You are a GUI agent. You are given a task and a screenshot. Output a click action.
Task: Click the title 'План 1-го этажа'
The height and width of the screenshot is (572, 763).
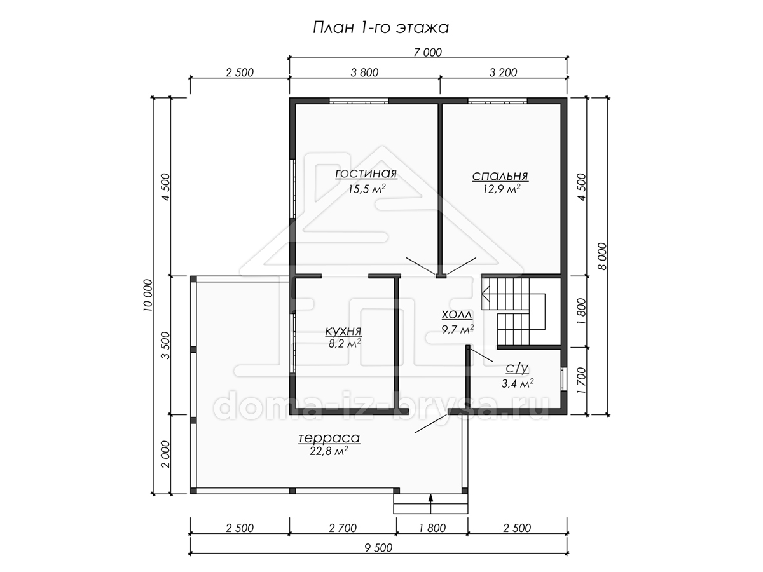(381, 28)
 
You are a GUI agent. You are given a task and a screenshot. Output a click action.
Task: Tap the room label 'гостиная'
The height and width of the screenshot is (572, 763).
(366, 174)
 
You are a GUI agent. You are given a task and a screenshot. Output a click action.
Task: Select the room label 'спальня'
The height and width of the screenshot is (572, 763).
(500, 177)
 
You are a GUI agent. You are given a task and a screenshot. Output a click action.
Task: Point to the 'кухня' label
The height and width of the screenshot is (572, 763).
(343, 331)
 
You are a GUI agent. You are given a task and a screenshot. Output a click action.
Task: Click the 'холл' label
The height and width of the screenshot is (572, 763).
(457, 315)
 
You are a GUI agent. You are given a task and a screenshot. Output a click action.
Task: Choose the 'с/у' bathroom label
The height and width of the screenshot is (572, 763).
(517, 368)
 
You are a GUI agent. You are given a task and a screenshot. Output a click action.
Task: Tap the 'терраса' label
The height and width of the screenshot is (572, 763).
(329, 439)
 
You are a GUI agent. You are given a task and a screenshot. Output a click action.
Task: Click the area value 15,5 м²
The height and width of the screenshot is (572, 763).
(367, 189)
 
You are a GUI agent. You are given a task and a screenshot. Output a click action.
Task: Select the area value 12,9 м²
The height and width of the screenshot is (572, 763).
(501, 189)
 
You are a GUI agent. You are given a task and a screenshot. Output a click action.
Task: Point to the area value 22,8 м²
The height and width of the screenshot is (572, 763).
(329, 451)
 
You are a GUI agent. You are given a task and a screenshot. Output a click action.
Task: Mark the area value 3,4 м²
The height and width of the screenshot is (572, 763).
(517, 383)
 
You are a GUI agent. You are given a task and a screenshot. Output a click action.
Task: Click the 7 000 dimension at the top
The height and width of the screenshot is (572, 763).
(427, 53)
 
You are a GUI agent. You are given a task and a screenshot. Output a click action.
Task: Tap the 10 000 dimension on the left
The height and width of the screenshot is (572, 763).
(148, 295)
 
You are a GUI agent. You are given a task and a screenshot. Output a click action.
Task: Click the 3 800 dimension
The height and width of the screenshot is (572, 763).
(364, 72)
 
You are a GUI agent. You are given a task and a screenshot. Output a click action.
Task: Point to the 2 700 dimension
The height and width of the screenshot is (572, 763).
(343, 528)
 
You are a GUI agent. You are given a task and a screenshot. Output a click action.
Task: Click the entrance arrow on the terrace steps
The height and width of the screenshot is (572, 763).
(430, 503)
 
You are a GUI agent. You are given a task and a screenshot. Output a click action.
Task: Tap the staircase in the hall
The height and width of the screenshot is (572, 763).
(513, 311)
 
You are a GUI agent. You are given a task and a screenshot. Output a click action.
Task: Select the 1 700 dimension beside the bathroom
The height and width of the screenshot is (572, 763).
(581, 381)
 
